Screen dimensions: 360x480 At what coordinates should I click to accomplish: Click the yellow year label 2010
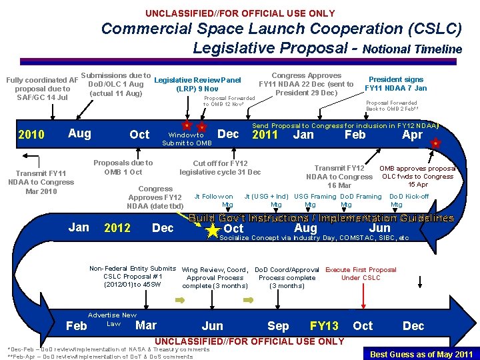click(32, 135)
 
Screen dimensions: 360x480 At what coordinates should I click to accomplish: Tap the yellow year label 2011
click(265, 134)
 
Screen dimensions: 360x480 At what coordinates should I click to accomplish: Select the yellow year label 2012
click(117, 228)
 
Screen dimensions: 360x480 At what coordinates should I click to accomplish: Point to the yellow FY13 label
click(324, 326)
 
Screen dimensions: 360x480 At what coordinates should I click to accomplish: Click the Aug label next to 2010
click(79, 133)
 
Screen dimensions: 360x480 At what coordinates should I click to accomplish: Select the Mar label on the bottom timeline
click(146, 325)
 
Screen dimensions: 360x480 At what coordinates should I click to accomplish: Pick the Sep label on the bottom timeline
click(278, 326)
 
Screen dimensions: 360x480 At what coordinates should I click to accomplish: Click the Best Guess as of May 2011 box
click(421, 354)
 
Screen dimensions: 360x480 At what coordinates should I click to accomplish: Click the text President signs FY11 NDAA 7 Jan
click(396, 83)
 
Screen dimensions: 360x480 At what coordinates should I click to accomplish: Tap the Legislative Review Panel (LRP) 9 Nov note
click(197, 85)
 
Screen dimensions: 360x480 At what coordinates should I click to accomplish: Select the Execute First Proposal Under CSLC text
click(361, 273)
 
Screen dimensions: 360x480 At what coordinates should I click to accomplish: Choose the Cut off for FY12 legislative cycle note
click(220, 167)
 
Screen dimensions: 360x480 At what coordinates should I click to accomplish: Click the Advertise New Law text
click(111, 319)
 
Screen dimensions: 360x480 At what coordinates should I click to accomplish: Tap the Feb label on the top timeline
click(355, 134)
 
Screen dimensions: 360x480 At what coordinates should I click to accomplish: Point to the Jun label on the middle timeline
click(379, 228)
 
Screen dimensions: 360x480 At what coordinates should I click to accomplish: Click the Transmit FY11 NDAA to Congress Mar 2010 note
click(41, 182)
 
